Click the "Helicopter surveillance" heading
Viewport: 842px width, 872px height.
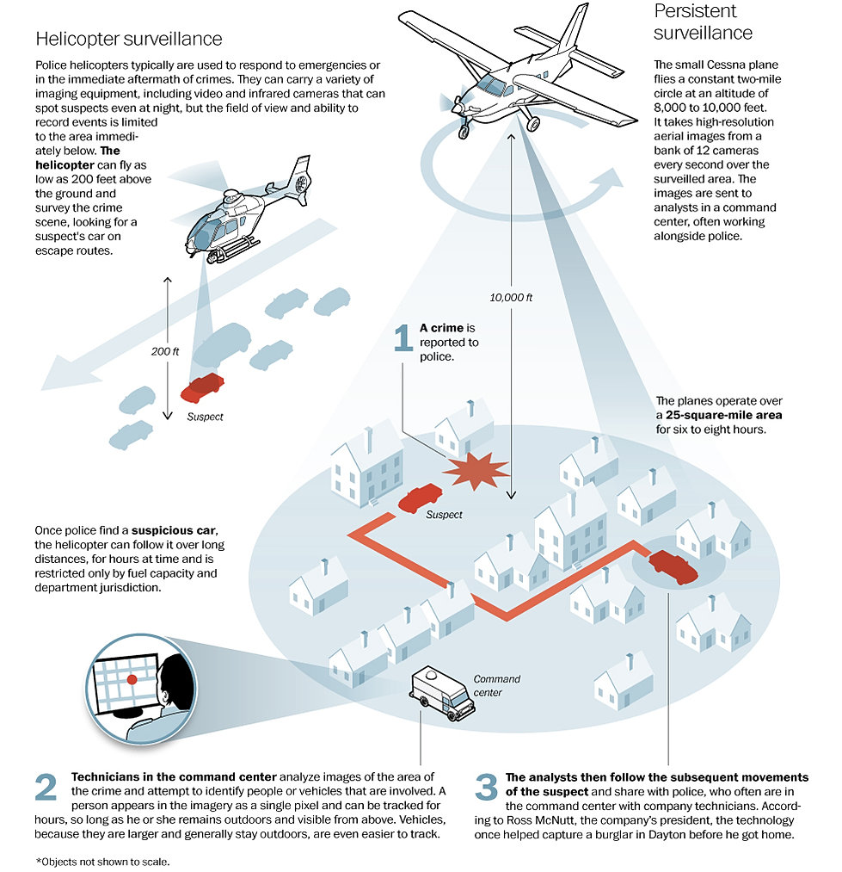[128, 39]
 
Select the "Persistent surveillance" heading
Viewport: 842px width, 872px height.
[703, 22]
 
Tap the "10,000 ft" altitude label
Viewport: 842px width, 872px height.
[511, 298]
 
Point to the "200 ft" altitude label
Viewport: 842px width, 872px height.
[165, 351]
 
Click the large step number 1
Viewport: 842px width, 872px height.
[403, 337]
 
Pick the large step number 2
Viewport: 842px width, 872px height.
[46, 787]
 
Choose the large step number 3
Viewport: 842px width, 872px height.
[486, 787]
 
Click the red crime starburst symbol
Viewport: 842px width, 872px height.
[476, 471]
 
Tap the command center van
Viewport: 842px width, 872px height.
[443, 693]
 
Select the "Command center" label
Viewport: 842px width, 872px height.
[496, 686]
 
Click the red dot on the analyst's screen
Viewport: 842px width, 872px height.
[132, 679]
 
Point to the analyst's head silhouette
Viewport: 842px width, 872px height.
[175, 681]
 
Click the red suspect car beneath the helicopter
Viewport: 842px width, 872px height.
[202, 387]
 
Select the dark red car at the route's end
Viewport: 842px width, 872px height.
[673, 566]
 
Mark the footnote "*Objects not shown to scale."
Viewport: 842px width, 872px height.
[103, 862]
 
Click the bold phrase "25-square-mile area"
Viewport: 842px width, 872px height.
[723, 415]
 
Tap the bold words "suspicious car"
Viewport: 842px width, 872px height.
[174, 530]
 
